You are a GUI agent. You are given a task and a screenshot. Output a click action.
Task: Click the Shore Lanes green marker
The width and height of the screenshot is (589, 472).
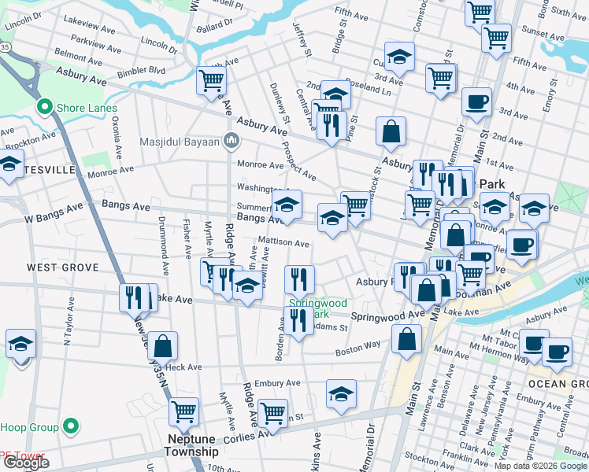click(x=44, y=108)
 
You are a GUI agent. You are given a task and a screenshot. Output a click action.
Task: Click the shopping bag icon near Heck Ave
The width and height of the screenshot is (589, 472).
click(x=162, y=345)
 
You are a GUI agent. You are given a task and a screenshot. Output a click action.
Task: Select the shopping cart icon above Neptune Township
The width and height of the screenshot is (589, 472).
click(x=183, y=411)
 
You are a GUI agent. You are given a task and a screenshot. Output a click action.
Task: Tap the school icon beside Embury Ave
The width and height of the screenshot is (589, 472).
click(x=341, y=394)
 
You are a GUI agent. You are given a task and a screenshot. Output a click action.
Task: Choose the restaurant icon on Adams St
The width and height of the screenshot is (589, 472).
click(x=298, y=320)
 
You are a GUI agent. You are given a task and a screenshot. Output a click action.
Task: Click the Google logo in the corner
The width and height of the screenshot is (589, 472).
click(x=26, y=463)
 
